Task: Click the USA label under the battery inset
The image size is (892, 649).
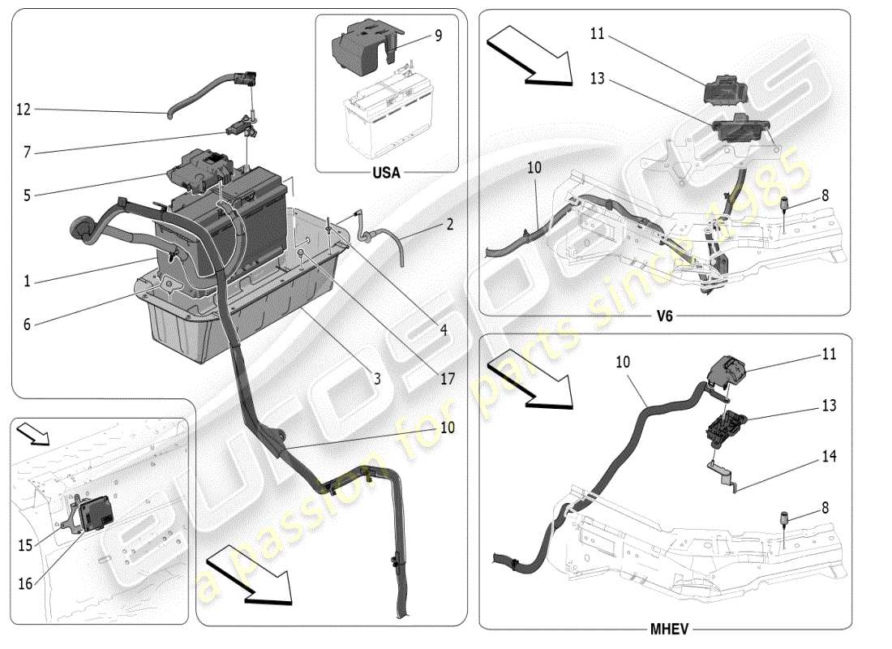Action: [x=385, y=173]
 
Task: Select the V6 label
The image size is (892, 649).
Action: [x=664, y=316]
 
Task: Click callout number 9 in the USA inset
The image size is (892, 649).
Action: [x=439, y=36]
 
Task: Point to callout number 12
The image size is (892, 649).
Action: [x=24, y=109]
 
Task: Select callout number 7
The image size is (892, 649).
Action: [x=27, y=153]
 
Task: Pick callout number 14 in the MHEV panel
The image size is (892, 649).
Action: [x=828, y=457]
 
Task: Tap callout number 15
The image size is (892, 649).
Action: [x=26, y=546]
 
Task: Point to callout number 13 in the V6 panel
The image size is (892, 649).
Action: [x=597, y=79]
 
